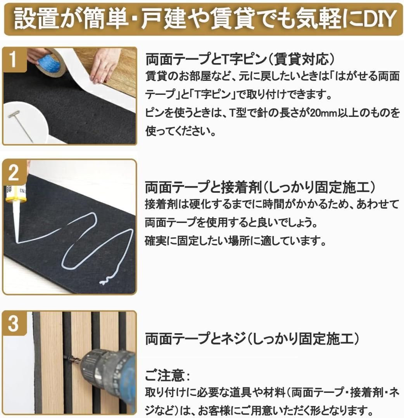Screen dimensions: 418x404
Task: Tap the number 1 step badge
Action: [x=13, y=60]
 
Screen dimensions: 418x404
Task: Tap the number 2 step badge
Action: [x=13, y=173]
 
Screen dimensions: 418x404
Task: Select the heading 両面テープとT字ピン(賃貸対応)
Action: [x=240, y=60]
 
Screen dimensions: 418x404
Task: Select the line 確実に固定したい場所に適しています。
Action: [x=235, y=241]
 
